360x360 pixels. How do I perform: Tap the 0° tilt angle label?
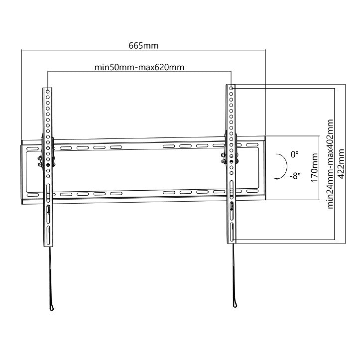295,154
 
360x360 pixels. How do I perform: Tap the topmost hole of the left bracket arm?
48,91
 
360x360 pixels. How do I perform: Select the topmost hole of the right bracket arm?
231,89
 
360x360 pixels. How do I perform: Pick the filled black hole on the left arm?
48,165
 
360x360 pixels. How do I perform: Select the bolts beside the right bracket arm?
223,158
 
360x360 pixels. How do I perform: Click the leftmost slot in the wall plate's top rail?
64,148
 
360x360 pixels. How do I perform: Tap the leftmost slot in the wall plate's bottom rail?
64,194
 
